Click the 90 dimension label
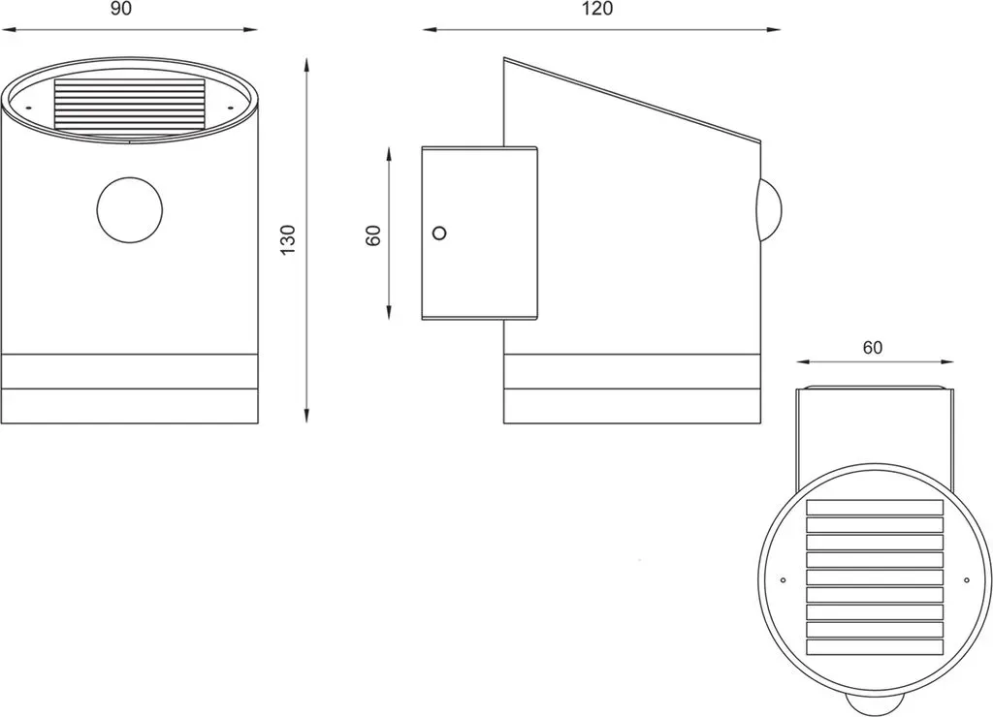pos(121,10)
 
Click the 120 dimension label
pos(597,10)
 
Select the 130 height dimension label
pos(289,240)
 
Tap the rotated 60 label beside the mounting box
pos(373,235)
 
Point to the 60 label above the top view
pos(872,348)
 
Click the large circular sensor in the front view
pos(130,209)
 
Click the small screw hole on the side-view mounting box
pos(439,233)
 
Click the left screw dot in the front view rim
pos(28,108)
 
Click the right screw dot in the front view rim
pos(231,107)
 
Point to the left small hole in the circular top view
pos(784,579)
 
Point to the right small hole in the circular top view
pos(967,579)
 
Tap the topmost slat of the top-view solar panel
pos(875,508)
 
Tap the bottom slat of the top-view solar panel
pos(875,647)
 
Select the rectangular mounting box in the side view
pos(479,233)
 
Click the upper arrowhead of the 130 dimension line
pos(306,66)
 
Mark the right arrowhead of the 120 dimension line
pos(773,29)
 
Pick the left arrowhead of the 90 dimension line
pos(8,29)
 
